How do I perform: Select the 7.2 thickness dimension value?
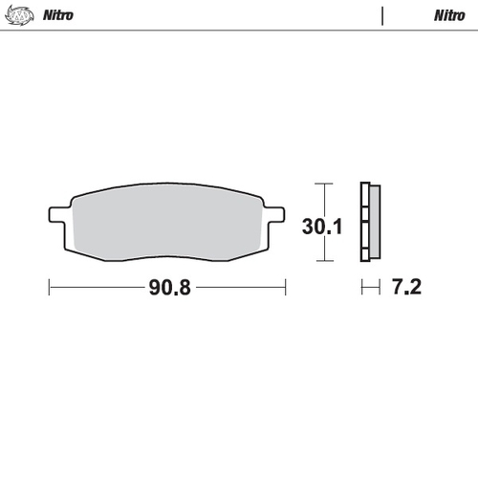pos(405,286)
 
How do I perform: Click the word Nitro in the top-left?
pos(54,15)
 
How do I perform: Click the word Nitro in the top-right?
pos(449,15)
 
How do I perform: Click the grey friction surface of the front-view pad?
pos(167,222)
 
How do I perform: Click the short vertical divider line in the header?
pos(382,15)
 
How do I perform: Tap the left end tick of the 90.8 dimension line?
pos(49,286)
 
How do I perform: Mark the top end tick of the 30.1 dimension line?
pos(325,183)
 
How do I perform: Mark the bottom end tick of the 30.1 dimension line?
pos(325,261)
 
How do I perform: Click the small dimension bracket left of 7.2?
pos(369,286)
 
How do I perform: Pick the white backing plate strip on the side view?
pos(364,222)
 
